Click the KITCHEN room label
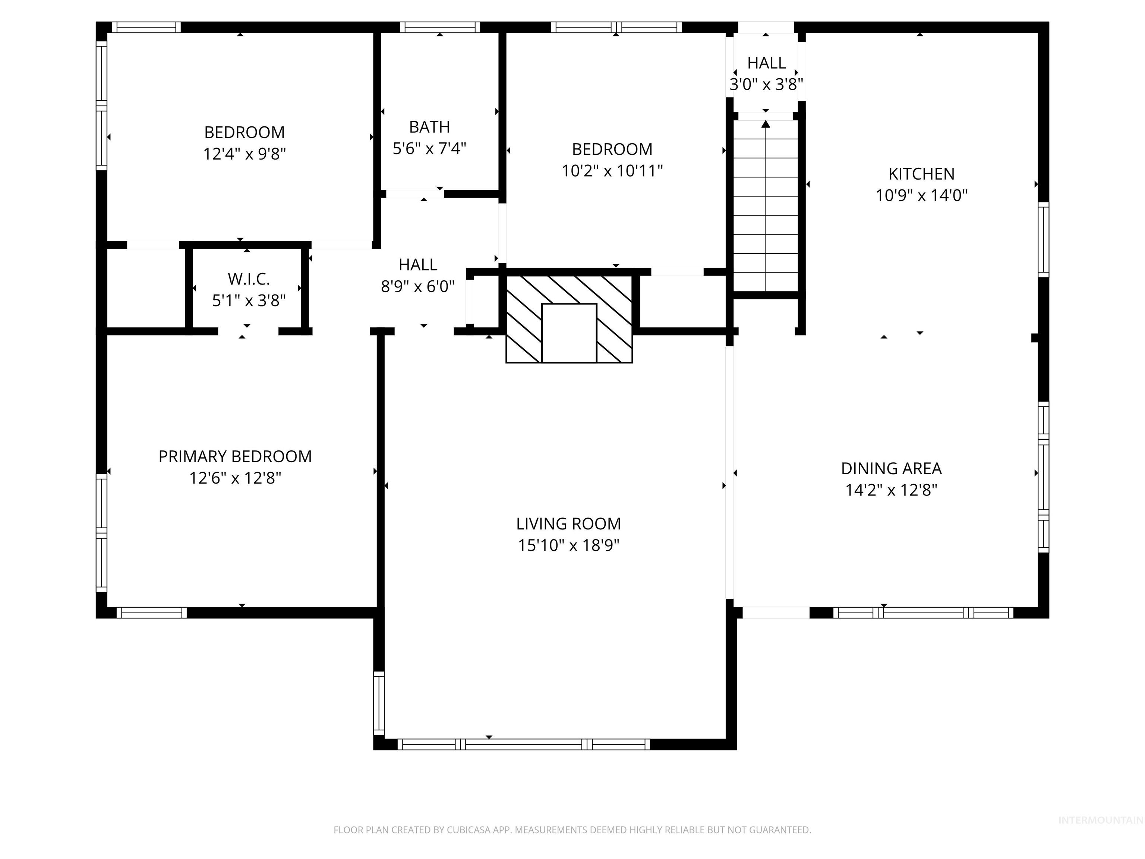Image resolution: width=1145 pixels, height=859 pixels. (921, 174)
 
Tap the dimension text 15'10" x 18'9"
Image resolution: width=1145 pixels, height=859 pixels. (568, 545)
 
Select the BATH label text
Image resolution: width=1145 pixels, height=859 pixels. (429, 127)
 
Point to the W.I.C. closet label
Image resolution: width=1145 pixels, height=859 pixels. (249, 279)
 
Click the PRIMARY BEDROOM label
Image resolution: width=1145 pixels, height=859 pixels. (235, 456)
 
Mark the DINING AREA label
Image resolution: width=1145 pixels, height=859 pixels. (891, 469)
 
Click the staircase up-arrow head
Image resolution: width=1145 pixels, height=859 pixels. (766, 124)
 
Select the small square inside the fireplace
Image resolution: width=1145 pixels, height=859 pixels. (569, 333)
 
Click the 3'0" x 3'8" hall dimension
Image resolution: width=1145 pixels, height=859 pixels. (766, 84)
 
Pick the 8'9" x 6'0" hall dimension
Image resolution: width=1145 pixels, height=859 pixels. (418, 286)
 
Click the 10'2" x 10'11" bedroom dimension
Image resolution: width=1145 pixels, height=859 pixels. (612, 171)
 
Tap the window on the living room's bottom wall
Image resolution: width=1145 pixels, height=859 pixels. (523, 745)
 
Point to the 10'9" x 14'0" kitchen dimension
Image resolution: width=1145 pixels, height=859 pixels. (921, 196)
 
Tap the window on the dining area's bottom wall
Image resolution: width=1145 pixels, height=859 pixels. (923, 613)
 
